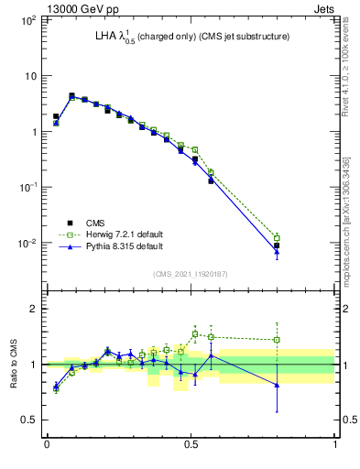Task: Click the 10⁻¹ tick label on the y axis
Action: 29,187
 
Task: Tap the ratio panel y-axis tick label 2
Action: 36,309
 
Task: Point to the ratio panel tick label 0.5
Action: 32,420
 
